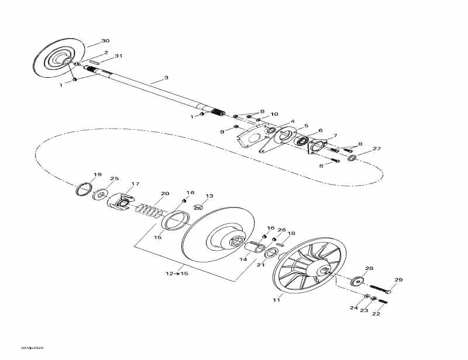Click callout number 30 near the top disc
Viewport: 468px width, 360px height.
coord(105,41)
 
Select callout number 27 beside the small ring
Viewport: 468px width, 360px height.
coord(376,149)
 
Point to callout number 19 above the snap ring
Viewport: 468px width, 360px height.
coord(97,175)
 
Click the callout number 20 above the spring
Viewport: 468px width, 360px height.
coord(165,193)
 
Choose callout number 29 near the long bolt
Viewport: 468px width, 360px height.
coord(398,280)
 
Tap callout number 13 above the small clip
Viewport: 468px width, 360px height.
coord(209,196)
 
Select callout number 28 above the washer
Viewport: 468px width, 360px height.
coord(369,269)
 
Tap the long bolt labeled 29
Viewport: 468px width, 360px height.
coord(381,290)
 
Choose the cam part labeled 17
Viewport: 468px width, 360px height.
coord(121,200)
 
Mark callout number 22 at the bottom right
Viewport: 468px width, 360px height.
coord(376,314)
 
